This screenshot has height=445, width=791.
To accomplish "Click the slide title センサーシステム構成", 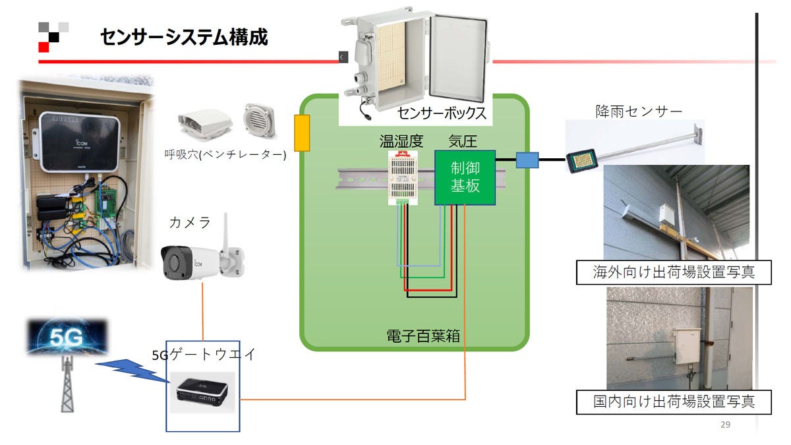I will point(184,37).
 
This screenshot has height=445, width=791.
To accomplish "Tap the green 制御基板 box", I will point(464,177).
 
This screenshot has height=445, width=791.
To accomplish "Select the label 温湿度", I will point(401,142).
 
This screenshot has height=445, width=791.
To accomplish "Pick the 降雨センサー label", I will point(638,111).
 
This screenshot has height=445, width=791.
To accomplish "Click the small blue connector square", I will point(527,159).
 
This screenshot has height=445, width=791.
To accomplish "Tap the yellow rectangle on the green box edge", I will point(301,133).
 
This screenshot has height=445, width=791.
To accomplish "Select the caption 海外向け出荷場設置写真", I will point(673,272).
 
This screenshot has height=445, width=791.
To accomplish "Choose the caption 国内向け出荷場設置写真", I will point(673,401).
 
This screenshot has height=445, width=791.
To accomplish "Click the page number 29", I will point(725,425).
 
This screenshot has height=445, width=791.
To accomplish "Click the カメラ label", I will point(190,223).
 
